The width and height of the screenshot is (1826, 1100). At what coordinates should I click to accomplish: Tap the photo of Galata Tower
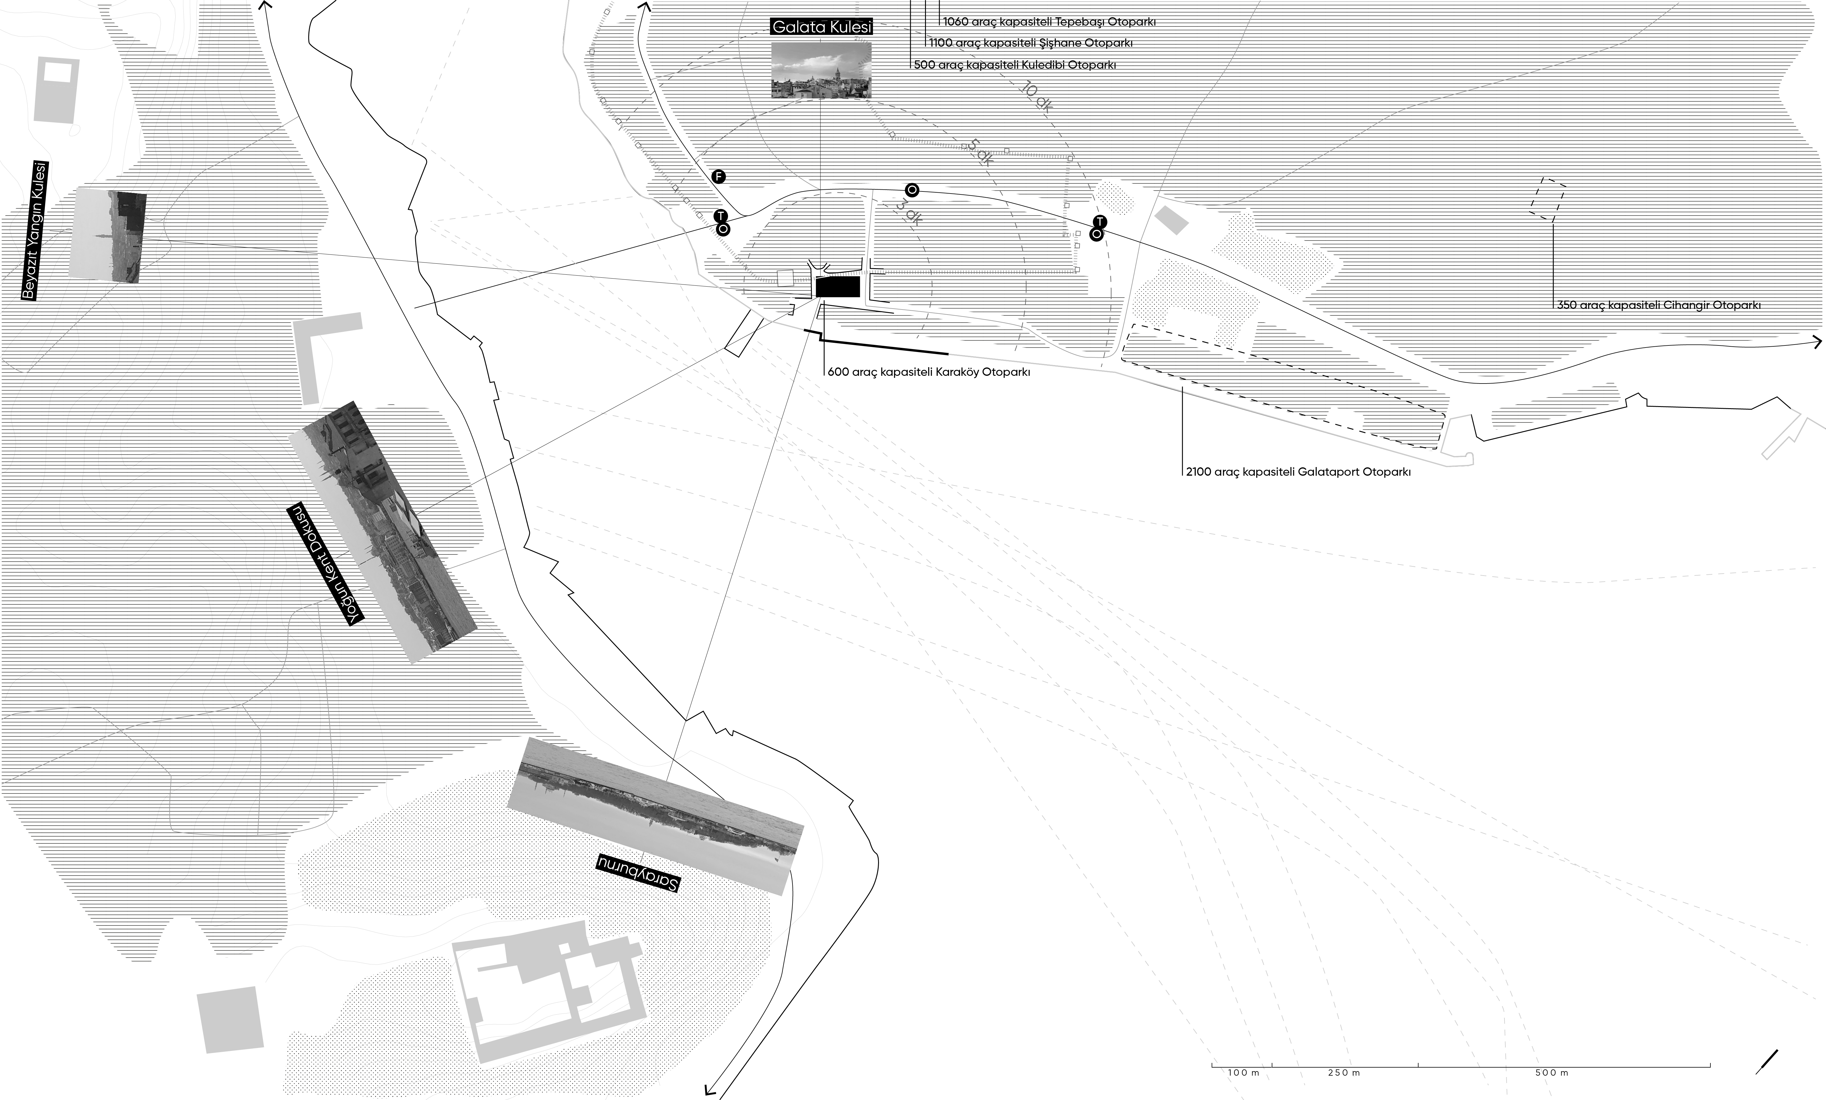[821, 70]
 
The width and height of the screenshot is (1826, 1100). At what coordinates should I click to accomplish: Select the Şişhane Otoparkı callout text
[1031, 43]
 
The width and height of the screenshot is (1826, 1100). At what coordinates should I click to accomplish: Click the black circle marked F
[718, 176]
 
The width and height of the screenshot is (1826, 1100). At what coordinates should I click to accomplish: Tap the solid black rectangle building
[838, 287]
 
